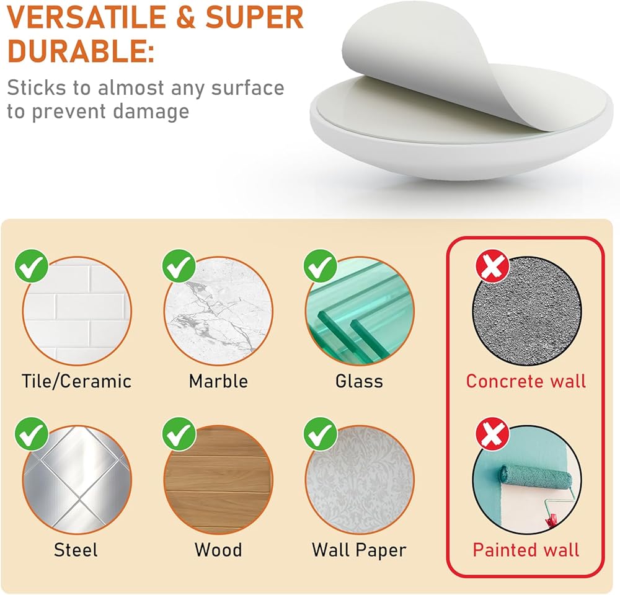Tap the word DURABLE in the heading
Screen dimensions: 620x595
coord(77,51)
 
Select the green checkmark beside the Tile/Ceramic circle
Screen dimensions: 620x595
coord(32,266)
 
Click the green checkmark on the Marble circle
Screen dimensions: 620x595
coord(179,266)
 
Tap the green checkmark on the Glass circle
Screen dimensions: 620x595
coord(321,266)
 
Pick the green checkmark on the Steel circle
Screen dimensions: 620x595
coord(32,434)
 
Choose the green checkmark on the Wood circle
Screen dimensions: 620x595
coord(179,434)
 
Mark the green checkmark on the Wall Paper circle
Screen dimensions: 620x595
coord(321,434)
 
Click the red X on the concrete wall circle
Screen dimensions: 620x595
coord(492,266)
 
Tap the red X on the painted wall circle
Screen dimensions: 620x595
coord(492,434)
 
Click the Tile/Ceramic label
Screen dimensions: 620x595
coord(76,382)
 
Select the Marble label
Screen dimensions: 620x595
coord(218,382)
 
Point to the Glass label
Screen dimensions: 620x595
coord(359,382)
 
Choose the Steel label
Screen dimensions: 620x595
coord(76,550)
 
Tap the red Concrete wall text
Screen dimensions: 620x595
coord(526,382)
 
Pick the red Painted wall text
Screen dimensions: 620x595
coord(526,550)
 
